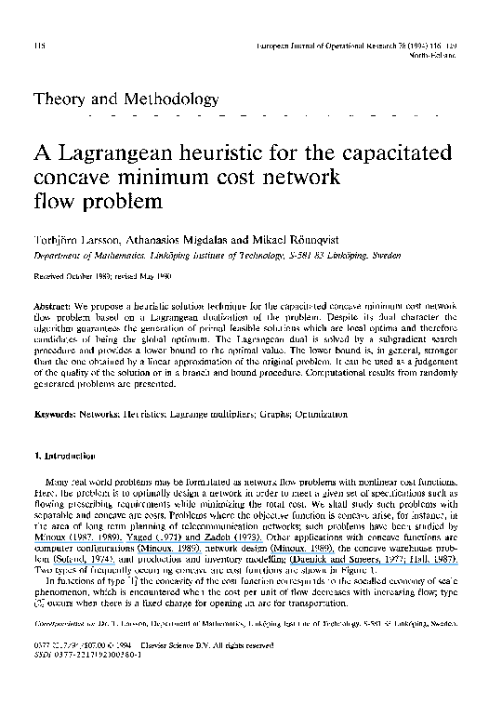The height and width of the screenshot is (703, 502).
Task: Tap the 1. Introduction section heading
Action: click(x=63, y=457)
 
